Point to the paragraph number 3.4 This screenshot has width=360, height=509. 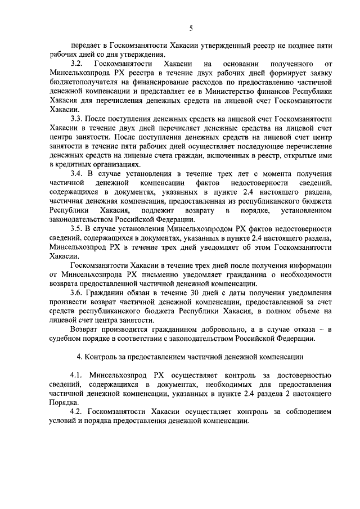tap(76, 174)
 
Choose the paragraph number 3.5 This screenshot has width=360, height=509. tap(76, 228)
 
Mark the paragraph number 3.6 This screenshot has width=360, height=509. tap(76, 292)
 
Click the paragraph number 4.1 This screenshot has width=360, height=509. tap(76, 375)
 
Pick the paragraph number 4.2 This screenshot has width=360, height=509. tap(76, 411)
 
